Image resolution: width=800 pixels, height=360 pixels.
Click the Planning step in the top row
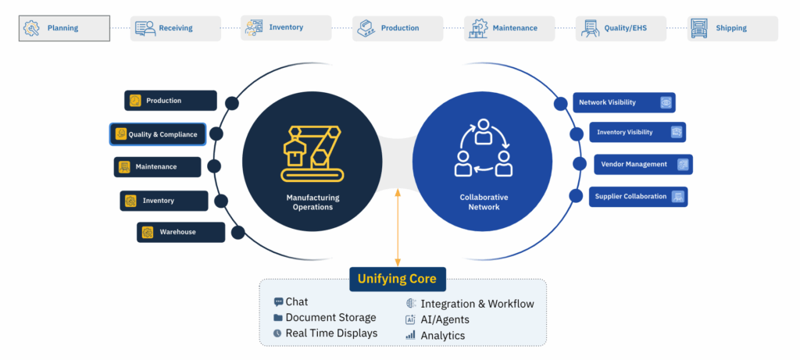64,28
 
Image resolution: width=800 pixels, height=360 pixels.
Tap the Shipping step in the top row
732,28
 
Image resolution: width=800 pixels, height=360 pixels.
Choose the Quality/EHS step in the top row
621,28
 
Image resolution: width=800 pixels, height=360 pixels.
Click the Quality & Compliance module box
158,134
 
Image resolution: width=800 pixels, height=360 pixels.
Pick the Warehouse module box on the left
180,232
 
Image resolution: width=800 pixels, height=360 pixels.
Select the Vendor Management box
643,165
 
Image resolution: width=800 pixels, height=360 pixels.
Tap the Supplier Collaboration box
638,197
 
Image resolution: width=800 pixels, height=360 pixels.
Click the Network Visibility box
623,102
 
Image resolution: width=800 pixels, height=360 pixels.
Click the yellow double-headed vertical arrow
398,226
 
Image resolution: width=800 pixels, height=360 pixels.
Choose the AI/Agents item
442,319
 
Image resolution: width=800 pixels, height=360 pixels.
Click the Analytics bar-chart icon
410,335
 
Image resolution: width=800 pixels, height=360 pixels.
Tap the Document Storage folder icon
278,318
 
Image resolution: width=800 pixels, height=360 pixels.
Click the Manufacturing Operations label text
312,202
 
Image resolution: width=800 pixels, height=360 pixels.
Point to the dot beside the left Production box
232,102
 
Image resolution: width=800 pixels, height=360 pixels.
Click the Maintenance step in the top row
509,28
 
